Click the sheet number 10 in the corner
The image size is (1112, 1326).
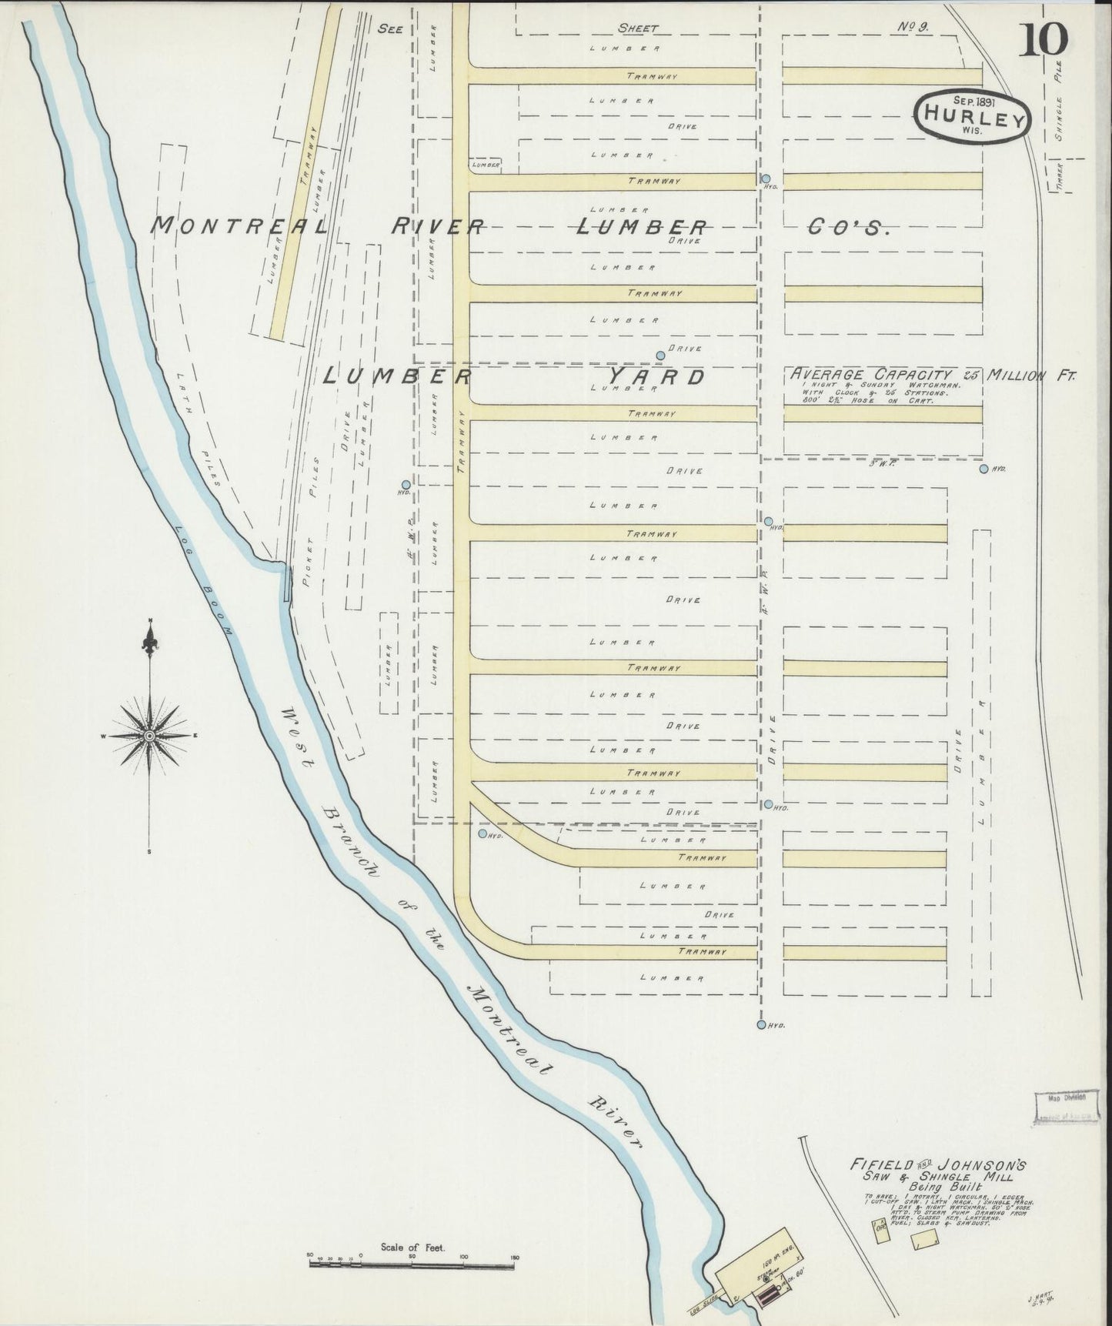pos(1044,41)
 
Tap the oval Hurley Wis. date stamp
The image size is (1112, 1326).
pos(971,118)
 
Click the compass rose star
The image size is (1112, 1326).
pos(149,736)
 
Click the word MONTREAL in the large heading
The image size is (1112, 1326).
pos(239,225)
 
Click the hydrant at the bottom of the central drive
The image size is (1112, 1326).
pos(761,1024)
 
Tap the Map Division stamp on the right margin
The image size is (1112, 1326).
pos(1066,1098)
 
